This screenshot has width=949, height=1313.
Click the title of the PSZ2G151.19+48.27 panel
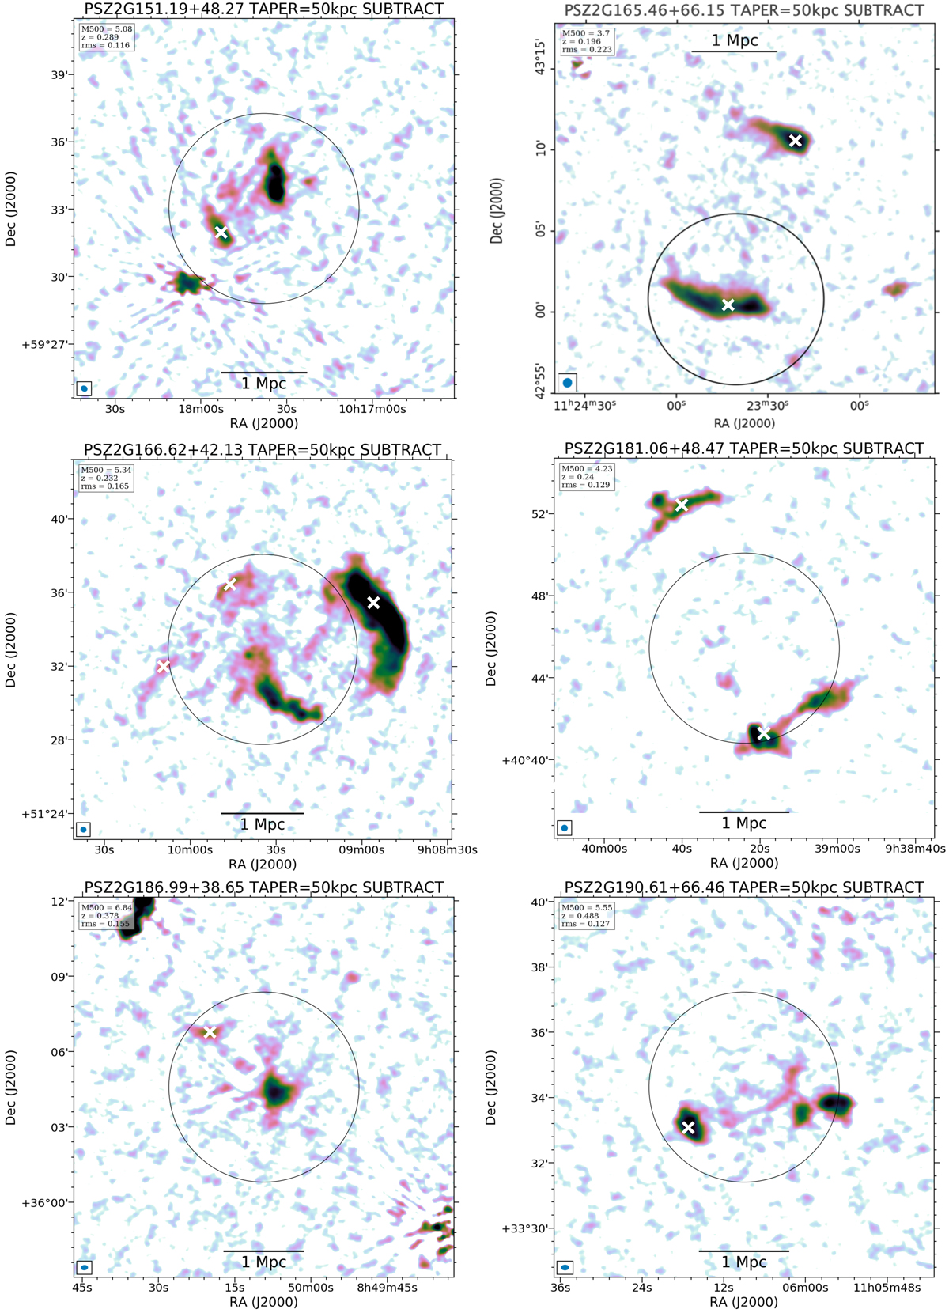point(263,9)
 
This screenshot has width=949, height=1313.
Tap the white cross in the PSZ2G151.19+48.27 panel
point(221,232)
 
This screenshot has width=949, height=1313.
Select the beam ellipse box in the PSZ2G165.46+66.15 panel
point(567,383)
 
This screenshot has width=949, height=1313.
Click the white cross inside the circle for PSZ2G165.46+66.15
point(728,305)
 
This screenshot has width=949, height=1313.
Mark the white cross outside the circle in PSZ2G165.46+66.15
point(796,140)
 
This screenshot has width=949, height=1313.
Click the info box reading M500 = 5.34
point(105,478)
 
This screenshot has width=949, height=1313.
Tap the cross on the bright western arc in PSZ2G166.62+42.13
point(373,603)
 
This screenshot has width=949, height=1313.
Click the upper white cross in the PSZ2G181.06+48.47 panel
point(681,505)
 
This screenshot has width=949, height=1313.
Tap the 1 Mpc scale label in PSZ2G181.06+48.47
point(743,823)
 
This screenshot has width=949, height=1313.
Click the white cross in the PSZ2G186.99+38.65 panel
point(210,1032)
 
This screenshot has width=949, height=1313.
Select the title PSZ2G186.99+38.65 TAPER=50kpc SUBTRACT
point(263,887)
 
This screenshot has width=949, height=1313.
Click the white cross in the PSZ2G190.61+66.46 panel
point(688,1127)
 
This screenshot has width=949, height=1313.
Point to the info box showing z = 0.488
point(586,915)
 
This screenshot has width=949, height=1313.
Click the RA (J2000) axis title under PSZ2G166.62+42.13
point(263,865)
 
